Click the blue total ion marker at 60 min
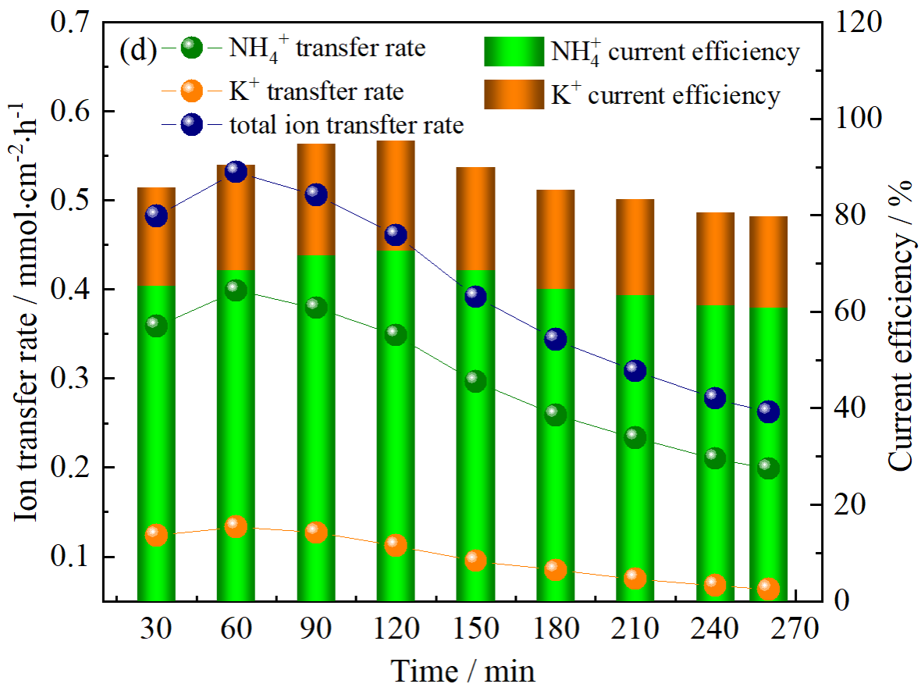coord(236,172)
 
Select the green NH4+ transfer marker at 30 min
coord(156,326)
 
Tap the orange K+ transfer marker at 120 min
coord(396,545)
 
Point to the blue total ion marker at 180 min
coord(555,339)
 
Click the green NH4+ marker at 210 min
coord(635,437)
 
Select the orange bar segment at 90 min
coord(316,200)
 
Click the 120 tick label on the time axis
coord(396,629)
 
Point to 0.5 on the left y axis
coord(71,201)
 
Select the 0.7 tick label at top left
coord(71,23)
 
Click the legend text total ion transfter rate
coord(347,125)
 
